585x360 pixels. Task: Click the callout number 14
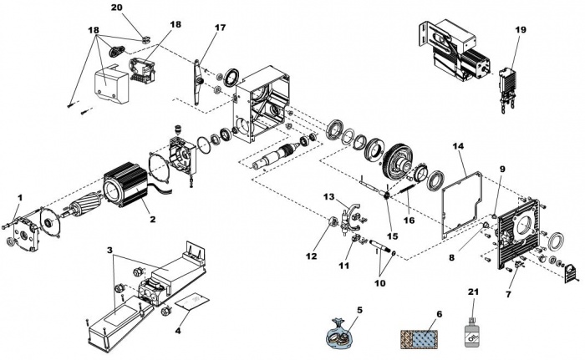459,146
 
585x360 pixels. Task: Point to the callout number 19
521,29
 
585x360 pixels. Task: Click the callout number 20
116,8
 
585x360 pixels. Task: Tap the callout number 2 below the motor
153,220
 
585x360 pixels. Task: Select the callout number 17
220,28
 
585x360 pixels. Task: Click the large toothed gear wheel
398,163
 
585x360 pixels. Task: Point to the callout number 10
379,283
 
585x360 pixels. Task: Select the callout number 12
311,256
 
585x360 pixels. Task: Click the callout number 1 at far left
20,197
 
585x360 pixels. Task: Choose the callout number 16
409,221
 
